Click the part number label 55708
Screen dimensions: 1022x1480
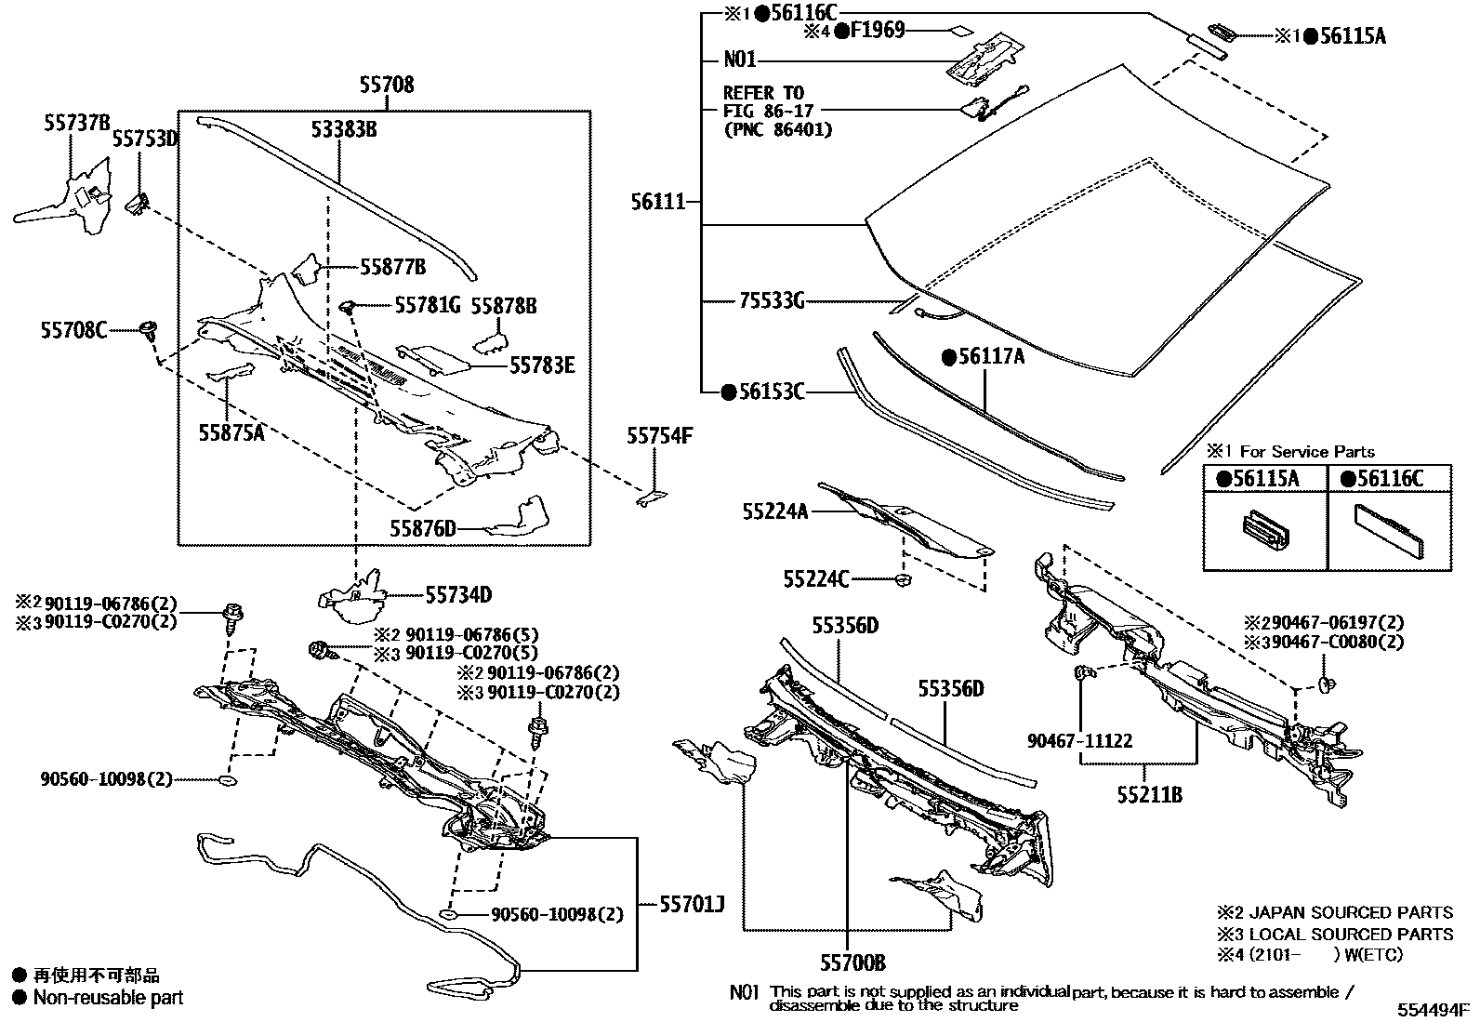click(x=387, y=86)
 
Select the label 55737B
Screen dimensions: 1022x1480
click(x=76, y=123)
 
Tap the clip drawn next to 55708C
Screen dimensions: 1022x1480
click(x=148, y=329)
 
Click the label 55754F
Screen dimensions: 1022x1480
click(x=659, y=435)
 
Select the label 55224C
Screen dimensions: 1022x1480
click(x=816, y=579)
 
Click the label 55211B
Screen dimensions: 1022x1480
click(x=1150, y=795)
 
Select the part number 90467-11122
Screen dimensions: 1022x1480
click(x=1080, y=740)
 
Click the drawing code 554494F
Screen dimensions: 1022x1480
click(x=1432, y=1008)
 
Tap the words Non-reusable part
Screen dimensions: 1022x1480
click(x=108, y=998)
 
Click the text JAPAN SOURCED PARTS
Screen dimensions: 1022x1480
click(x=1350, y=913)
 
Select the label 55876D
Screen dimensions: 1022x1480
click(x=423, y=529)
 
